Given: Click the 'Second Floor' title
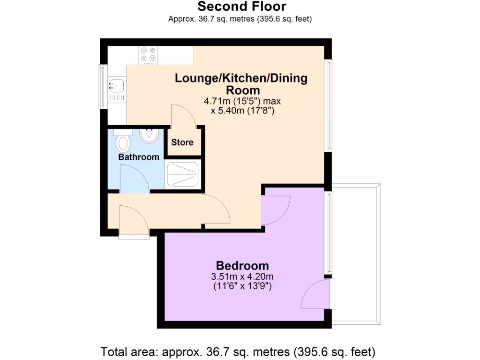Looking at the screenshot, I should pos(241,7).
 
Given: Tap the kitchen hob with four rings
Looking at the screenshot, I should pos(148,54).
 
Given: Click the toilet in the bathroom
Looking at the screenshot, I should pos(123,142).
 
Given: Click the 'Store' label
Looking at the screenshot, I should pos(182,142).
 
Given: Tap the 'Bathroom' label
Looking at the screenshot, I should pos(139,157).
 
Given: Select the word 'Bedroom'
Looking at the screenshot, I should pos(242,265).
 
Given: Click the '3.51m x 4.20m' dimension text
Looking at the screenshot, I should pos(242,276).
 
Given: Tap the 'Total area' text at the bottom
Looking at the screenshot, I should pos(238,351).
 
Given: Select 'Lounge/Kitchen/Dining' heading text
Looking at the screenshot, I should pos(241,78).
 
